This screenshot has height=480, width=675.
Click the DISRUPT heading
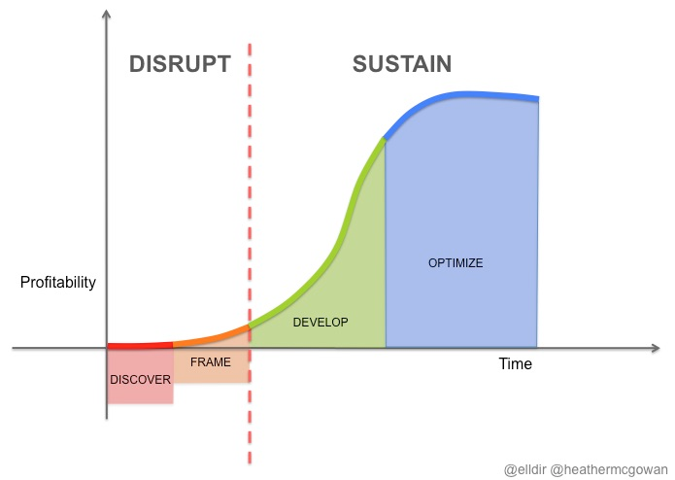tap(180, 65)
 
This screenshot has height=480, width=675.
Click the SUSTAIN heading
tap(401, 65)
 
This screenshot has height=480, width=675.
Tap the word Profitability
tap(58, 283)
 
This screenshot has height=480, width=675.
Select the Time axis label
tap(515, 364)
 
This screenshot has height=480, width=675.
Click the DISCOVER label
tap(140, 379)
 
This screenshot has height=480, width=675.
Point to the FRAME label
tap(211, 361)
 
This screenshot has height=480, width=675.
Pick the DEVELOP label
tap(320, 322)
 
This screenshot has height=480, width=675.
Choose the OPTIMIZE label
tap(456, 262)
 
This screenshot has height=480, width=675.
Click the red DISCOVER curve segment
tap(140, 345)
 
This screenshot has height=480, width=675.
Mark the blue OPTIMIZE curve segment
tap(466, 95)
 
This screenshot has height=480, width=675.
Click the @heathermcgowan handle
tap(607, 468)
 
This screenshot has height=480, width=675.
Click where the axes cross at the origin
tap(107, 347)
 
